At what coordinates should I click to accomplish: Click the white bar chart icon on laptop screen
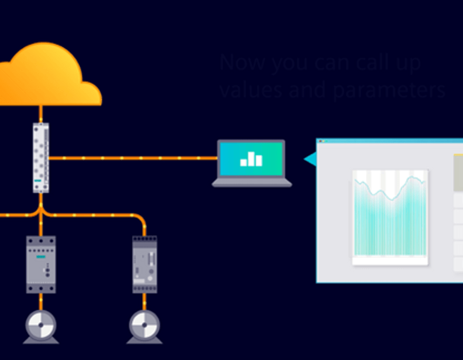(x=252, y=159)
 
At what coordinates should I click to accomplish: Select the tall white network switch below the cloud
(x=41, y=157)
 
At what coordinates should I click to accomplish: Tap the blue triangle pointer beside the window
(x=310, y=159)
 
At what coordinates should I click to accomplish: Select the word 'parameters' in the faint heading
(x=389, y=89)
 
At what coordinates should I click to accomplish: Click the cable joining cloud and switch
(x=41, y=114)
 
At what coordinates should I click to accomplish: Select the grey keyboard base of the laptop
(x=252, y=183)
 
